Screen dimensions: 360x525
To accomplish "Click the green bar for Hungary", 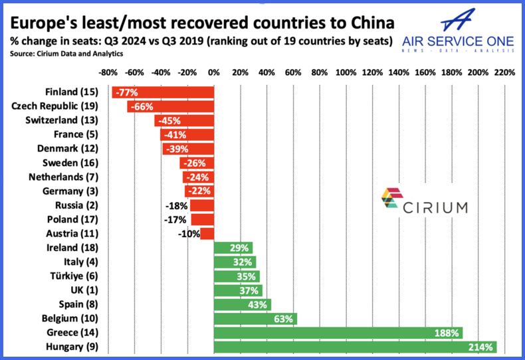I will pyautogui.click(x=355, y=346).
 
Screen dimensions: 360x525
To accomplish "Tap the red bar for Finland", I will pyautogui.click(x=163, y=92).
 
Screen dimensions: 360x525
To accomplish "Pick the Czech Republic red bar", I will pyautogui.click(x=171, y=106).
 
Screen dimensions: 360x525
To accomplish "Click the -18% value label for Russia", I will pyautogui.click(x=176, y=205).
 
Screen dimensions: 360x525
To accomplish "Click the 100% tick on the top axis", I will pyautogui.click(x=346, y=71).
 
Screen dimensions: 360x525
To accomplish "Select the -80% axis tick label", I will pyautogui.click(x=108, y=71).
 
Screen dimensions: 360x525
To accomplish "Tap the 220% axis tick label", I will pyautogui.click(x=504, y=71).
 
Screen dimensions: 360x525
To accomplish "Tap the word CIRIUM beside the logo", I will pyautogui.click(x=439, y=207).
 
